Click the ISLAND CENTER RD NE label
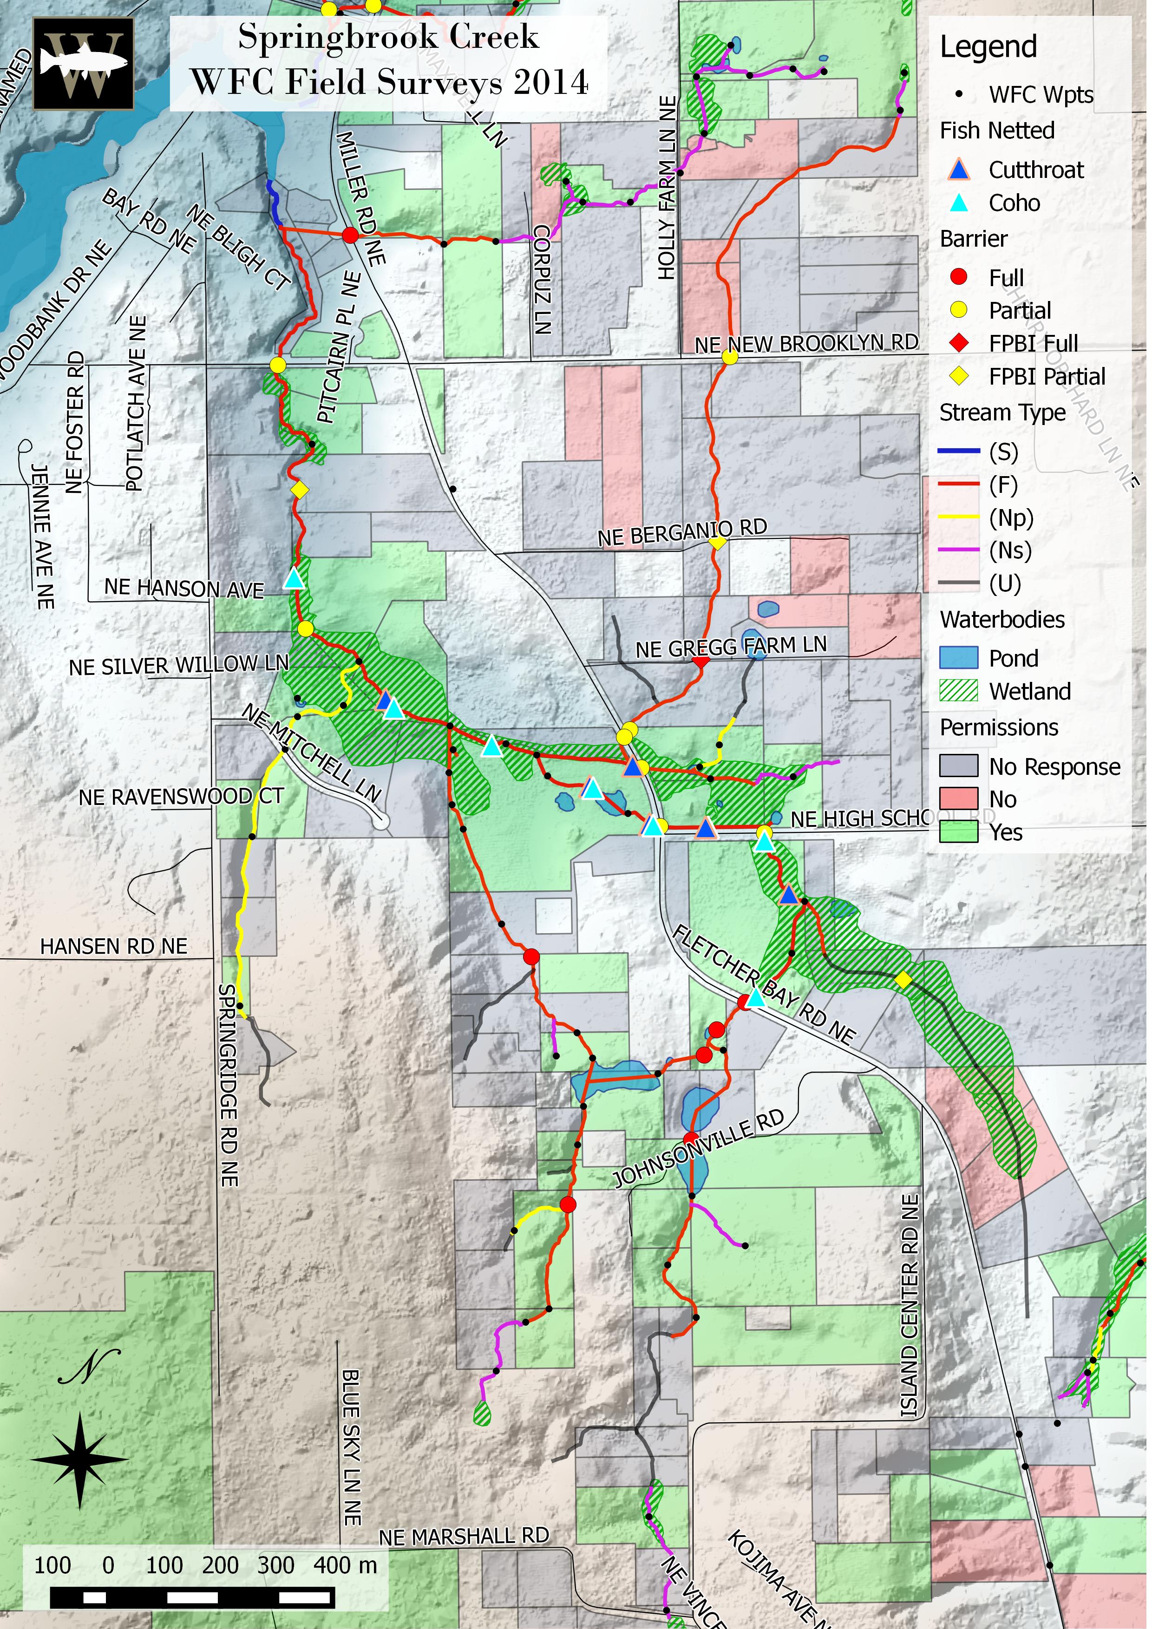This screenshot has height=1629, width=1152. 910,1305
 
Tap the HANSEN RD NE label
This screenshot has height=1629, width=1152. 113,947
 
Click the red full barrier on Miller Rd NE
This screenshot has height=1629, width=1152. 350,236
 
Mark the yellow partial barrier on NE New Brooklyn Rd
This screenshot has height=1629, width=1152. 730,358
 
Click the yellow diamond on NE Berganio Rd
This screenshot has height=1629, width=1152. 718,543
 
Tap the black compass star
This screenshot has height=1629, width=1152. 79,1459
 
